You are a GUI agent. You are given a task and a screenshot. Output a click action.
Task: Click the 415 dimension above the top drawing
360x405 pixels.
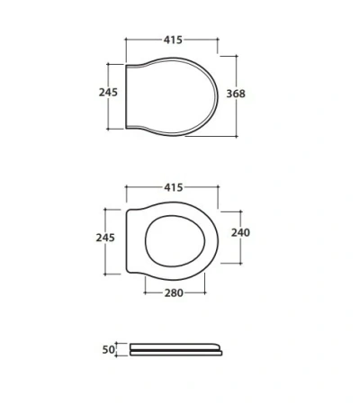tap(173, 40)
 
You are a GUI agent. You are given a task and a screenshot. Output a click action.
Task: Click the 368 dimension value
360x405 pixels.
tap(236, 94)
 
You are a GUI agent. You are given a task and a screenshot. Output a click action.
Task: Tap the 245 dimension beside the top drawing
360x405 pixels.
tap(108, 92)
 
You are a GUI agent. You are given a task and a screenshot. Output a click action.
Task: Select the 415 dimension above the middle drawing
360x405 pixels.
tap(174, 187)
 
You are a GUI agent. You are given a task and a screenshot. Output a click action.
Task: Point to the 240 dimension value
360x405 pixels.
tap(240, 232)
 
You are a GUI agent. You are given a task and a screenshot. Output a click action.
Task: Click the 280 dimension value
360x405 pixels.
tap(174, 292)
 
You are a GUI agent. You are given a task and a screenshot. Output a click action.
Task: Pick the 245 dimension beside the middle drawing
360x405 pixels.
tap(105, 238)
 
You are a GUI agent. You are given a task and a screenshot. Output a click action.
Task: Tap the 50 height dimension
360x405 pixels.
tap(108, 349)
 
